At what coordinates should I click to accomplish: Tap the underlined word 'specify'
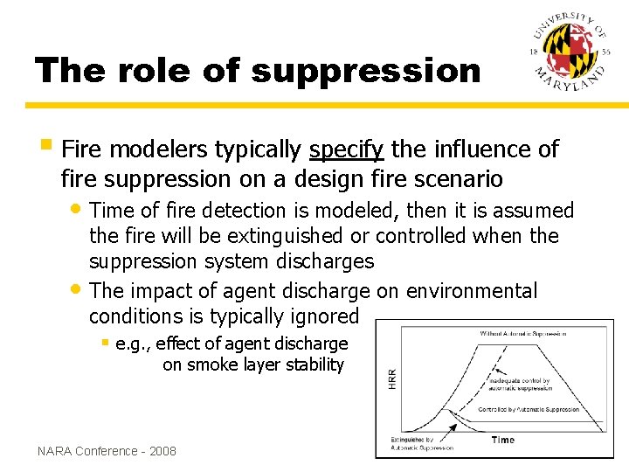(x=346, y=150)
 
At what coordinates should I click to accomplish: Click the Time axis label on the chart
(x=503, y=439)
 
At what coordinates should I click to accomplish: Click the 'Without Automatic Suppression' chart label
(x=522, y=333)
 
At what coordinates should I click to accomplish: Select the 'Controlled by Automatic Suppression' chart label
(x=528, y=409)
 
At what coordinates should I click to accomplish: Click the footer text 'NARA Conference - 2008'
(x=107, y=451)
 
